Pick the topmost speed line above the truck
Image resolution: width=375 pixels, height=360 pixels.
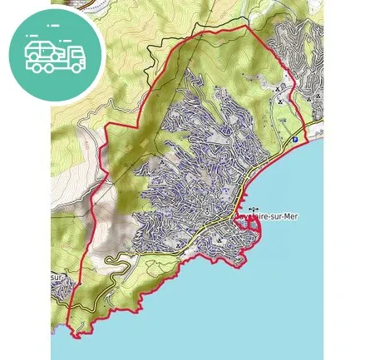point(54,27)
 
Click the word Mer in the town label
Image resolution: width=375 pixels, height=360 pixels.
point(289,216)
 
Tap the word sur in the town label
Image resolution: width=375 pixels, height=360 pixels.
point(272,216)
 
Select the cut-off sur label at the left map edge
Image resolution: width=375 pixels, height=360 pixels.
point(57,278)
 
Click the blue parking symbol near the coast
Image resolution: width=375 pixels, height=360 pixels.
point(294,140)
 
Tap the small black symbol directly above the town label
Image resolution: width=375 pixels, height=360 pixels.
point(253,209)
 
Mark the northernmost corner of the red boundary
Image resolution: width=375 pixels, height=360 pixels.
point(247,26)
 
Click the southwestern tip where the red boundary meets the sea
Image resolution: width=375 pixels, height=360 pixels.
point(76,336)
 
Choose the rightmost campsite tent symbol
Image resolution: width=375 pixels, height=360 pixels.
point(318,96)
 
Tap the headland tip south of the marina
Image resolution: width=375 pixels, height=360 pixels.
point(242,266)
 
